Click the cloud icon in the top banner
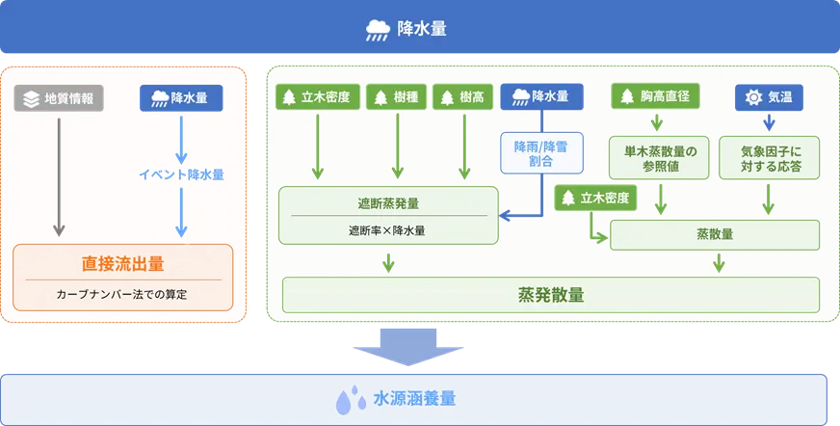pos(378,30)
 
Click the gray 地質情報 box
pos(59,99)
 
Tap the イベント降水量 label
pos(181,174)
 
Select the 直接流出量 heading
pos(123,263)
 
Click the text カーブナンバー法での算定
pos(122,294)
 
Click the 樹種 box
pos(398,97)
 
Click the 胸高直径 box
pos(655,96)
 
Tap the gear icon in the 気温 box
pos(753,97)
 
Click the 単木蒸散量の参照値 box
pos(660,158)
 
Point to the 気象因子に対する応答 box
pos(771,158)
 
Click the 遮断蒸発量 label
pos(388,204)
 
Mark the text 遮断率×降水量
pos(387,230)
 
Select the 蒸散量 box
pos(715,234)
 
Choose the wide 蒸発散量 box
pos(550,294)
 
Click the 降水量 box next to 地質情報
pos(181,98)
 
